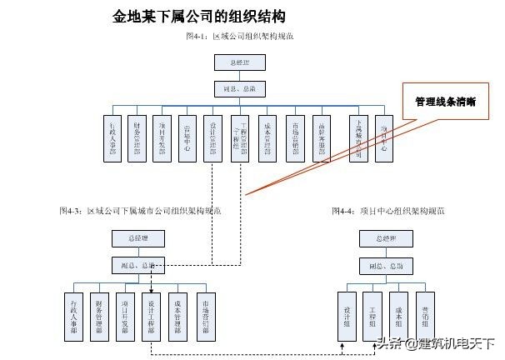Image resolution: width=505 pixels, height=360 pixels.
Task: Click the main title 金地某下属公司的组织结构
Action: click(x=201, y=16)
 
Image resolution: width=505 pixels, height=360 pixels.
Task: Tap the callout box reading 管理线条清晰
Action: click(x=445, y=102)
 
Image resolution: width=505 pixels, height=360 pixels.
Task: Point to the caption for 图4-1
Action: click(x=240, y=37)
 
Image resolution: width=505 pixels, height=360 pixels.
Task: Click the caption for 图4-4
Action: click(x=387, y=212)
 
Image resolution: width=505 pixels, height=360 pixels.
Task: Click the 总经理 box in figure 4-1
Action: click(x=240, y=62)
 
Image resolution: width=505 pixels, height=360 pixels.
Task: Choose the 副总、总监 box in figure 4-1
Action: click(x=240, y=87)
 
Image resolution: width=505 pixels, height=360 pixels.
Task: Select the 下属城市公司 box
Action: click(x=357, y=137)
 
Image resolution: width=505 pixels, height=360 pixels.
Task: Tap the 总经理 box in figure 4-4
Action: click(x=386, y=239)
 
